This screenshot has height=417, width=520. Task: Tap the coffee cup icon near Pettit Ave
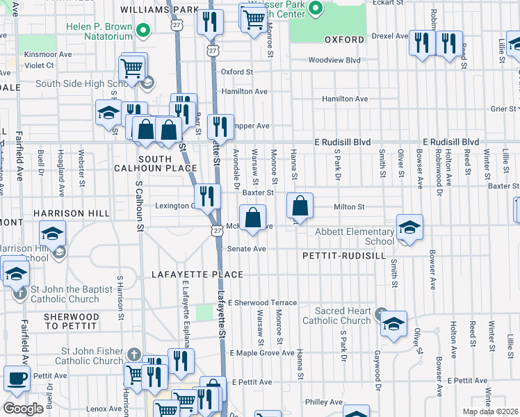[x=17, y=379]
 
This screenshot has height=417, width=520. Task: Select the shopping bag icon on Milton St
[x=300, y=206]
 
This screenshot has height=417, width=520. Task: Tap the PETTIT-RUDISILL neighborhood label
[x=343, y=256]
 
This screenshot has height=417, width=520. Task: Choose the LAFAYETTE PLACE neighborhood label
[x=197, y=275]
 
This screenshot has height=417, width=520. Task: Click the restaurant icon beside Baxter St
[x=207, y=197]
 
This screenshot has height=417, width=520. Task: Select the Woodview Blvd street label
[x=334, y=60]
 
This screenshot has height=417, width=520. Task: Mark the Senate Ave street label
[x=246, y=249]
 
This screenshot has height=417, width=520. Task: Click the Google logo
[x=23, y=409]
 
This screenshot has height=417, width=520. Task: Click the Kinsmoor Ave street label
[x=48, y=54]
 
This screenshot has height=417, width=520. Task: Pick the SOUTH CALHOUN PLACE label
[x=154, y=163]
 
